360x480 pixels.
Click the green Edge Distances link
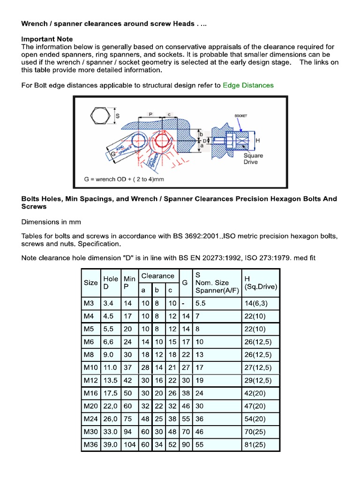248,85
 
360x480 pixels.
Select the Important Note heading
47,39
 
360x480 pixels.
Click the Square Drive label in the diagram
253,159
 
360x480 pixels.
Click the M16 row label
90,392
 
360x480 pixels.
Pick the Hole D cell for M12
111,380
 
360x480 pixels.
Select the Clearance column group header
158,276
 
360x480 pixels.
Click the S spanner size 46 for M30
200,431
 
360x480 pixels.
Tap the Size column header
90,283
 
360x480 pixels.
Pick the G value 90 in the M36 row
186,444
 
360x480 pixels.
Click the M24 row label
90,419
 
